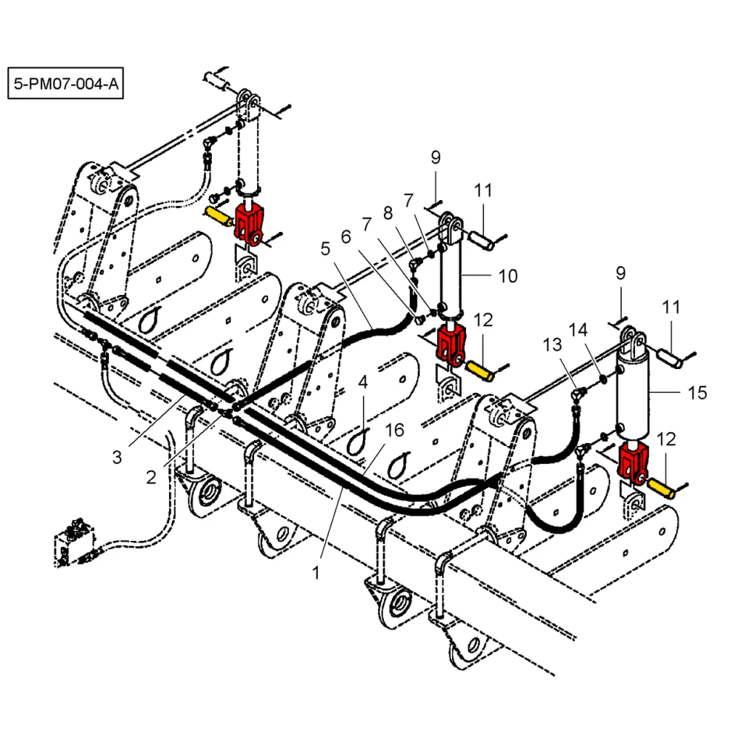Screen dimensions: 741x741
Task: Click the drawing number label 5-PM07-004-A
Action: point(64,84)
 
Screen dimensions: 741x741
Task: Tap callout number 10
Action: point(508,276)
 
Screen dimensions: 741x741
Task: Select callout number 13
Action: point(552,345)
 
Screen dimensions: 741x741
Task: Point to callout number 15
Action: point(697,392)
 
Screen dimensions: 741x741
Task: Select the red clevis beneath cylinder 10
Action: point(450,344)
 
